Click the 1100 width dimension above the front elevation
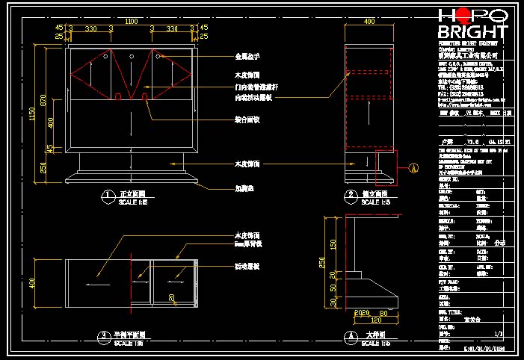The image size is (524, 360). coord(132,21)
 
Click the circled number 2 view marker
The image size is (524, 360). coord(350,196)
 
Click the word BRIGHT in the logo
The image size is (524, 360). coord(472,32)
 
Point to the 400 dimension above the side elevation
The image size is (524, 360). coord(369,22)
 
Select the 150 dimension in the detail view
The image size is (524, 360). coord(334,243)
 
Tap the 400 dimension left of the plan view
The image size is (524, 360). coord(31,283)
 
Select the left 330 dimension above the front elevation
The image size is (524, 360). coord(90,28)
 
